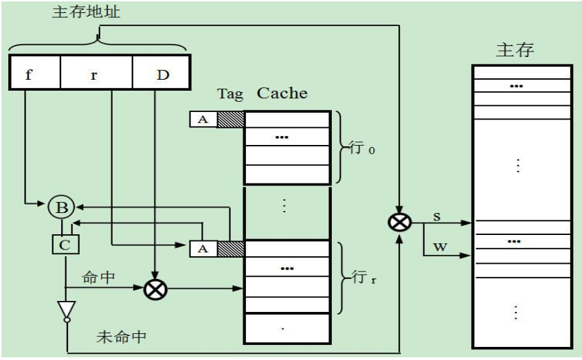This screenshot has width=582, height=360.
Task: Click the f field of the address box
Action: pos(35,72)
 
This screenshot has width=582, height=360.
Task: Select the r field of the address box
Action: pos(96,72)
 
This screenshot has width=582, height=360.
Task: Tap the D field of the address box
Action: pos(161,72)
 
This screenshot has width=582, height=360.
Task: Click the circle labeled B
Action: pos(61,207)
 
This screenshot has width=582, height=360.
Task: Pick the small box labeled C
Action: pos(65,245)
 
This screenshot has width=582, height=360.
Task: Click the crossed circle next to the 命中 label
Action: pos(155,289)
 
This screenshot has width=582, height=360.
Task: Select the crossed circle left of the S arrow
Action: pos(399,223)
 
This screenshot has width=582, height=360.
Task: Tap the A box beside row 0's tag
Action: pos(203,119)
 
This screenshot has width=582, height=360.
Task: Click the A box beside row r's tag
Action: pos(203,249)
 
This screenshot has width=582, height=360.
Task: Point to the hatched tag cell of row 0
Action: pos(230,119)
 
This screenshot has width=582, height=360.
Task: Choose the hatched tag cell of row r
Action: pos(230,249)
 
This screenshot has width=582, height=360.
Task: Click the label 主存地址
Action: pos(86,12)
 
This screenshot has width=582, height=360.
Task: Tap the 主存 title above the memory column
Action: pos(515,49)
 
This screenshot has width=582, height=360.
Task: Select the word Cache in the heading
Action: pos(282,93)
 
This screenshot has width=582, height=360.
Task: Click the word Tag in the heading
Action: pos(230,94)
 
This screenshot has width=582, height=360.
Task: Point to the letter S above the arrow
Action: pos(437,216)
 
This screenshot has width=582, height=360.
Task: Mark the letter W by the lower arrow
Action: pos(440,247)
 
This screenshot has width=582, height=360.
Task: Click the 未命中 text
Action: pos(122,337)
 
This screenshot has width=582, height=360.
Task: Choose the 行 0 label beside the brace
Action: pos(361,148)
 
